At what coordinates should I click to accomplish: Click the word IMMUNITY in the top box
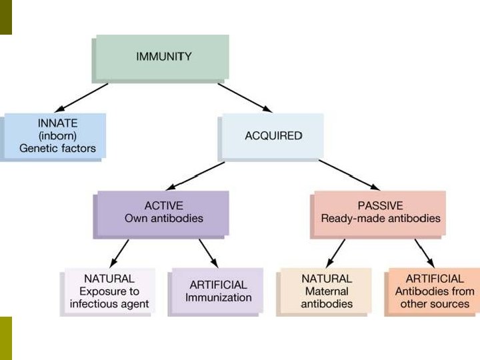[163, 57]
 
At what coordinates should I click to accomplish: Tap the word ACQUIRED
[273, 135]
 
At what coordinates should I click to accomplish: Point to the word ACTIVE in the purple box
[163, 205]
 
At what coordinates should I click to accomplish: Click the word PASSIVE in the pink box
[380, 205]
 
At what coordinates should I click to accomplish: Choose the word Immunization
[218, 297]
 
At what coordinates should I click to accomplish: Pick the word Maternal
[326, 291]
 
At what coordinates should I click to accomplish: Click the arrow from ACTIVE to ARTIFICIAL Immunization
[207, 252]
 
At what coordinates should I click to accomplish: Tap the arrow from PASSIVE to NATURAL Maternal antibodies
[337, 252]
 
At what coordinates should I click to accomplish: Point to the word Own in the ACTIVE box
[136, 218]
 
